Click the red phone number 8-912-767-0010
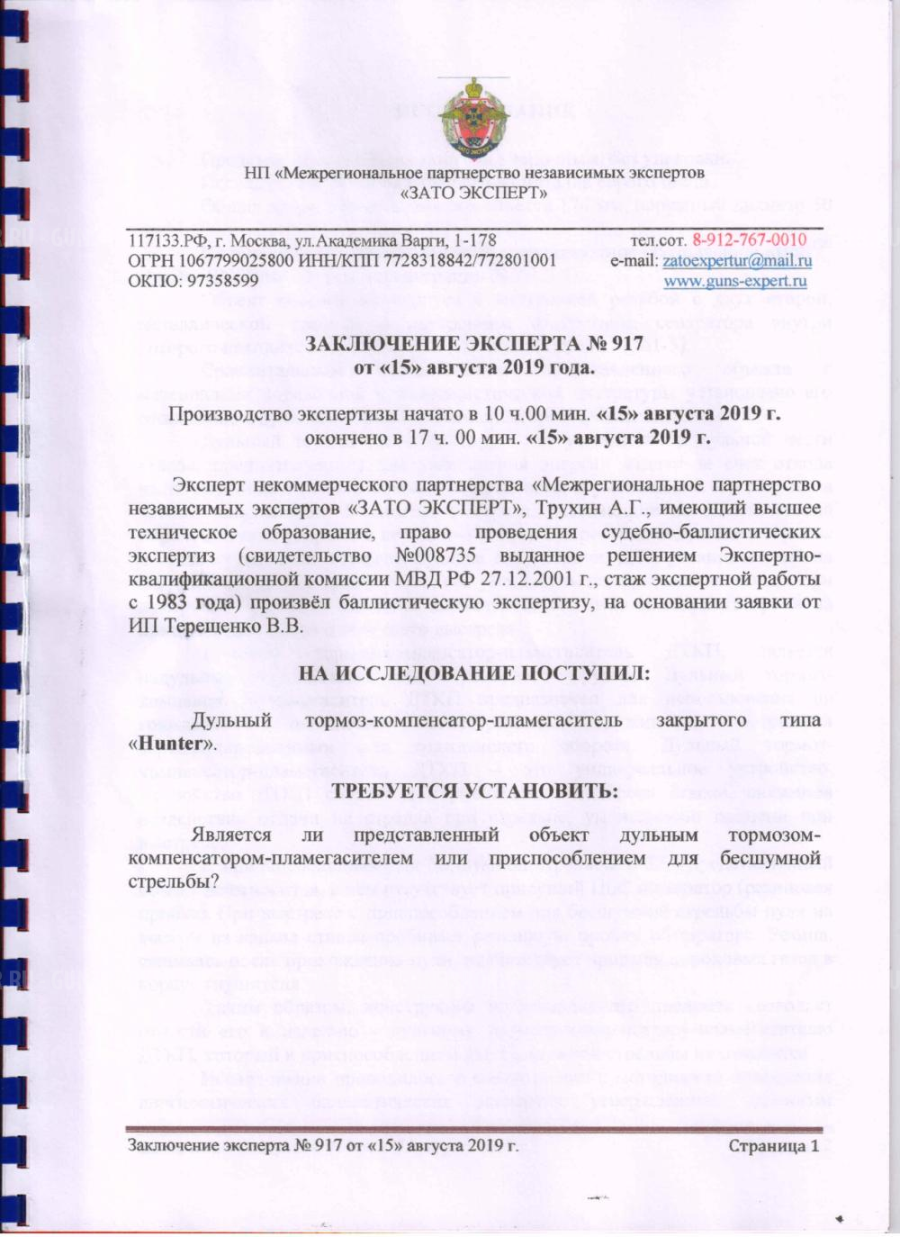(749, 240)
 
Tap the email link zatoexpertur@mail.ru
(736, 261)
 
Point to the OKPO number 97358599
(209, 281)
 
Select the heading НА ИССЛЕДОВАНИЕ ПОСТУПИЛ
(473, 673)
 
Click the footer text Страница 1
(773, 1146)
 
